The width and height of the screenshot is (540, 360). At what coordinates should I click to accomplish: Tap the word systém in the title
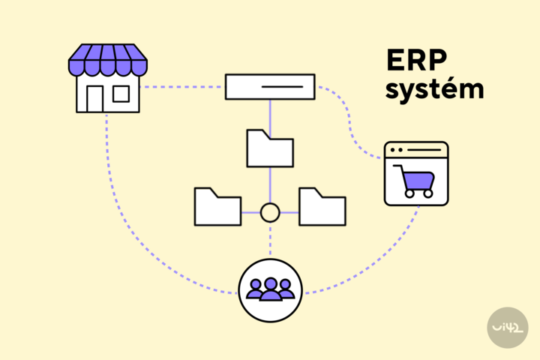point(433,89)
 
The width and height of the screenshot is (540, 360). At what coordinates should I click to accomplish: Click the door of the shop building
point(94,99)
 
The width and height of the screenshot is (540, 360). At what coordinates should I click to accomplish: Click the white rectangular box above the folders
point(270,86)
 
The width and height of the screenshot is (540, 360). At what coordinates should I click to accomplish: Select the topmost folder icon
point(270,148)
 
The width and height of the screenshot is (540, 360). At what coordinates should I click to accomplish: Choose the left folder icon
point(217,206)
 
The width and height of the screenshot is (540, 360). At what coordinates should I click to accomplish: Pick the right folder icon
point(322,206)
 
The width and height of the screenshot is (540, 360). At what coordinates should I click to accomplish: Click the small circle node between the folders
point(270,213)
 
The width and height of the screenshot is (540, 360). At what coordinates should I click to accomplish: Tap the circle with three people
point(270,290)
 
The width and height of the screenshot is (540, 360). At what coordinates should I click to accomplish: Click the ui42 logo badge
point(507,327)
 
